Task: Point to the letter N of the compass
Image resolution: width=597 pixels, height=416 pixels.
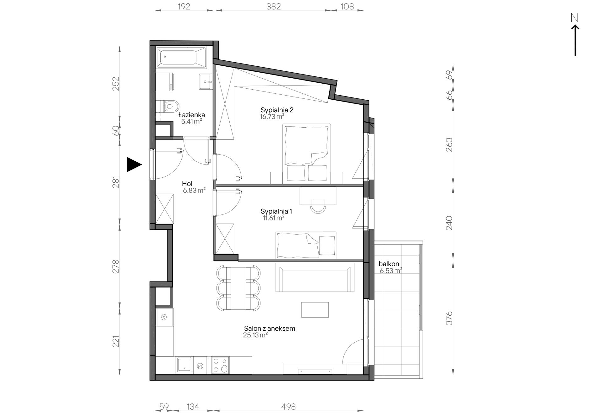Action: [x=575, y=18]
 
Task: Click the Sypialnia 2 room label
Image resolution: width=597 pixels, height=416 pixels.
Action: [x=277, y=110]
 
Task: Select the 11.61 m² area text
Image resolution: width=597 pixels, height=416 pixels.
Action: [x=274, y=218]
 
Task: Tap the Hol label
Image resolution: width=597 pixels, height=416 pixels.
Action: [x=187, y=184]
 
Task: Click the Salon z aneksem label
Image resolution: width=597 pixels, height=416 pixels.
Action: [x=270, y=329]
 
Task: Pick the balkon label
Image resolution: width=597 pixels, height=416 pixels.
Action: [x=389, y=264]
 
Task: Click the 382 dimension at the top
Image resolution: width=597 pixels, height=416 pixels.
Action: [x=273, y=6]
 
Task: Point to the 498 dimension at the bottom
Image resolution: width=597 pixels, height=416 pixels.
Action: [x=288, y=407]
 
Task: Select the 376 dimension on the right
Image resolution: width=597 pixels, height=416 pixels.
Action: [x=449, y=318]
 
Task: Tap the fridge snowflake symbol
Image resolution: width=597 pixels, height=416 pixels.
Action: [x=164, y=317]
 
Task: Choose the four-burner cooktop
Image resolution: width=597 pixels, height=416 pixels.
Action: [x=220, y=365]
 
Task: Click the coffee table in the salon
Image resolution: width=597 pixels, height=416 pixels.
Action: [x=315, y=310]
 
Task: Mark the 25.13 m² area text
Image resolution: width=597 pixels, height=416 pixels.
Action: [x=255, y=335]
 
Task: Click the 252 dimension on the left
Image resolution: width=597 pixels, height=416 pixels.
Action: [x=116, y=84]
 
